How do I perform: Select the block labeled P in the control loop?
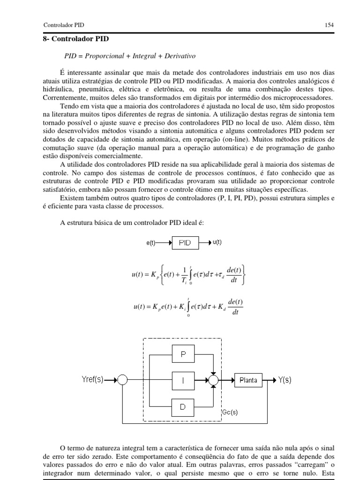(x=183, y=356)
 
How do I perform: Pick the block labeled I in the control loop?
(x=183, y=381)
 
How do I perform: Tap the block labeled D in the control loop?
(x=183, y=407)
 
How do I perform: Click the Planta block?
(x=248, y=380)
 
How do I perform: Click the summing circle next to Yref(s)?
(x=122, y=381)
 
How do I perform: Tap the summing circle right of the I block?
(x=213, y=381)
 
